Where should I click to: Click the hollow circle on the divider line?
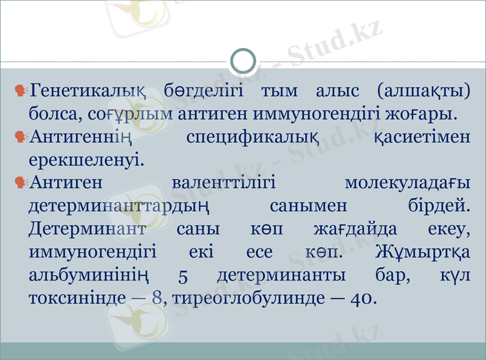point(244,61)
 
